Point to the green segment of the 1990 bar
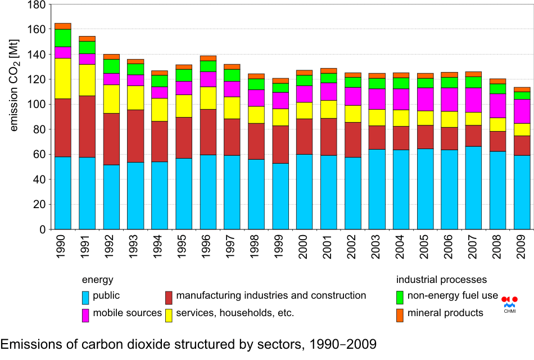pyautogui.click(x=63, y=38)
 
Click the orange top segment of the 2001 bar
pyautogui.click(x=328, y=71)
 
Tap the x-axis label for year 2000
pyautogui.click(x=305, y=247)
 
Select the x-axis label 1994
pyautogui.click(x=160, y=247)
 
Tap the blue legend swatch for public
pyautogui.click(x=86, y=296)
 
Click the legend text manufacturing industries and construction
pyautogui.click(x=271, y=296)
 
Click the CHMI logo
pyautogui.click(x=509, y=303)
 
